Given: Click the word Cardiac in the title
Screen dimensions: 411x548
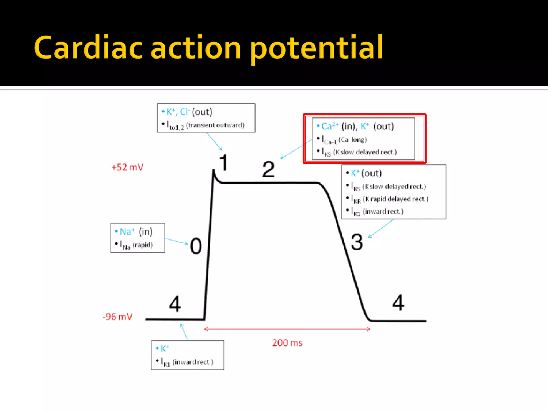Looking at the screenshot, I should pyautogui.click(x=88, y=48).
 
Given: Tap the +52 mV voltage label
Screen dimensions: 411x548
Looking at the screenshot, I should pyautogui.click(x=127, y=167).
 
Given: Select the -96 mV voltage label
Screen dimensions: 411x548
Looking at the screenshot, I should pyautogui.click(x=117, y=317).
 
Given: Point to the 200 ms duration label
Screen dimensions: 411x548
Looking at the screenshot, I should pyautogui.click(x=287, y=343).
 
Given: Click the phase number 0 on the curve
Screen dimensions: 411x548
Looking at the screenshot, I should pyautogui.click(x=196, y=246).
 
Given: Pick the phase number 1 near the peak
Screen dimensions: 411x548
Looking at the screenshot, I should pyautogui.click(x=224, y=163).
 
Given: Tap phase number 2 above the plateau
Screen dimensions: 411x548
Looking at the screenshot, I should pyautogui.click(x=268, y=169).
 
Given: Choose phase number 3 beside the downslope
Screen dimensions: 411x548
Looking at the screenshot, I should pyautogui.click(x=357, y=242).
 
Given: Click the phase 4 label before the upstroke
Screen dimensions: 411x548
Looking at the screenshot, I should pyautogui.click(x=175, y=304).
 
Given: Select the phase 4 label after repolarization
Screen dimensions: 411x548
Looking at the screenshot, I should pyautogui.click(x=398, y=303).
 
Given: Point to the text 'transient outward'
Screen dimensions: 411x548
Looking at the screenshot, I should pyautogui.click(x=215, y=125).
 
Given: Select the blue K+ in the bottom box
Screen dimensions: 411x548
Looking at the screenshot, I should pyautogui.click(x=165, y=349).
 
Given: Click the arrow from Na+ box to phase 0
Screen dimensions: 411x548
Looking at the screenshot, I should pyautogui.click(x=176, y=241).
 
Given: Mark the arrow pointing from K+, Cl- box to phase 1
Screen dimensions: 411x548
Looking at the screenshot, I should pyautogui.click(x=214, y=141).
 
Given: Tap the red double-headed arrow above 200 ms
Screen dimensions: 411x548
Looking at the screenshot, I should pyautogui.click(x=287, y=329).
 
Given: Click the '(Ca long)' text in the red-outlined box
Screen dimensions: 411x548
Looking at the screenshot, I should pyautogui.click(x=352, y=140).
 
